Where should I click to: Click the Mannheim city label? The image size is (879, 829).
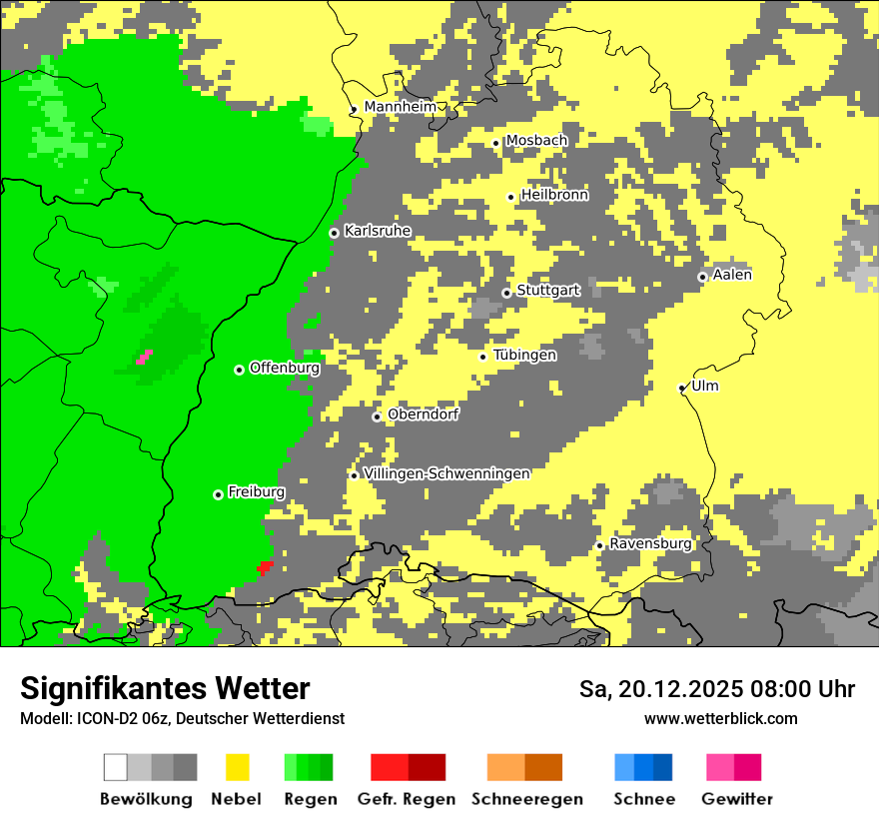[401, 107]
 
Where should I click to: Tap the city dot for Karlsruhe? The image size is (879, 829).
[334, 233]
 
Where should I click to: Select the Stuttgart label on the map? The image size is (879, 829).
[548, 291]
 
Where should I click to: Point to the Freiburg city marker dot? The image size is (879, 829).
[218, 494]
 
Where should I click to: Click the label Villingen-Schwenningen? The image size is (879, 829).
[446, 473]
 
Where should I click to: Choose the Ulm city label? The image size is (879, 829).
[705, 386]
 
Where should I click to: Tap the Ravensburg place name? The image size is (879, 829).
[650, 543]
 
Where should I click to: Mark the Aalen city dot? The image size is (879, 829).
[702, 277]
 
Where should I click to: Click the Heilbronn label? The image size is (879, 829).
[554, 195]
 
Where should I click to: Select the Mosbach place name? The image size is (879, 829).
[536, 141]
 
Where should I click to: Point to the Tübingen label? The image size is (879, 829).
[524, 355]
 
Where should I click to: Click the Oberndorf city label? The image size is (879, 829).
[424, 414]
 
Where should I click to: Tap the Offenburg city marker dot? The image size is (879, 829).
[239, 370]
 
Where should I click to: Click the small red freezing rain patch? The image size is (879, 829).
[265, 567]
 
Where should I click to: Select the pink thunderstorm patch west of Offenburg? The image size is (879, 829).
[144, 357]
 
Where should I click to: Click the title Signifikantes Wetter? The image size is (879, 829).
[165, 688]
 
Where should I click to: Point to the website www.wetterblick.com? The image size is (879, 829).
[720, 718]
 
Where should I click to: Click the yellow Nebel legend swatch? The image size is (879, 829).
[238, 767]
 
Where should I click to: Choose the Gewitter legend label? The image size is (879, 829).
[737, 799]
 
